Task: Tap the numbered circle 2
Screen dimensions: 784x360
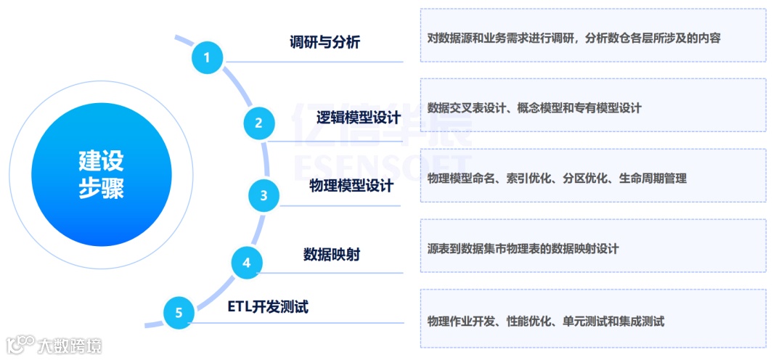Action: tap(258, 123)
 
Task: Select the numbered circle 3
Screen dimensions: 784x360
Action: tap(264, 195)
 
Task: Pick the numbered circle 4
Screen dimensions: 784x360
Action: tap(246, 262)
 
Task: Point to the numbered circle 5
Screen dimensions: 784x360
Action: tap(179, 314)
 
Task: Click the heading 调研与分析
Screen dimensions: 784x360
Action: tap(324, 42)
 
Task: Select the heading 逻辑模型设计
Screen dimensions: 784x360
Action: tap(359, 118)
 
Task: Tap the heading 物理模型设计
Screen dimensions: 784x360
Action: tap(351, 187)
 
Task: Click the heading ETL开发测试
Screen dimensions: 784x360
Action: tap(268, 307)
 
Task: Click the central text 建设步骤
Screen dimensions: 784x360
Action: tap(101, 174)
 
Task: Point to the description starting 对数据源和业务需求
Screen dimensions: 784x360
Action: tap(573, 38)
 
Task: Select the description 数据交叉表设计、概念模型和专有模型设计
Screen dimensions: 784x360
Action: tap(534, 107)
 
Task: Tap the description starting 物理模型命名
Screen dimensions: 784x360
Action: tap(557, 178)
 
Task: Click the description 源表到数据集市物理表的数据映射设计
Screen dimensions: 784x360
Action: tap(523, 248)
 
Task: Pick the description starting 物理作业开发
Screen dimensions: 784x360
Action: tap(546, 321)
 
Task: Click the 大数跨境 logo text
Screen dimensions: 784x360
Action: tap(70, 345)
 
